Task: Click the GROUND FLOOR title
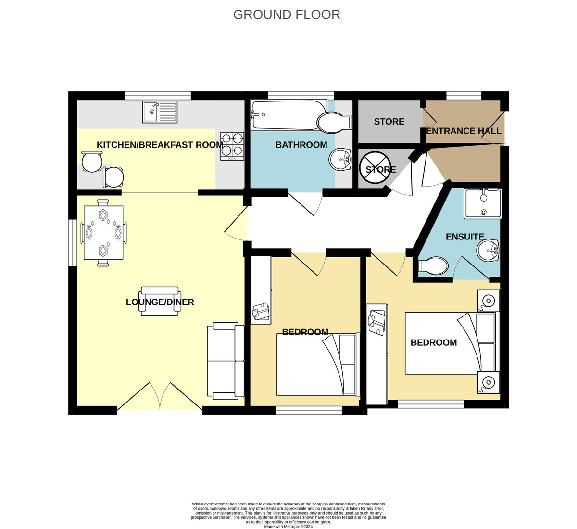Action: [287, 15]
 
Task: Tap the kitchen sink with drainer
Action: [160, 112]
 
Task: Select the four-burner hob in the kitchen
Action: [232, 146]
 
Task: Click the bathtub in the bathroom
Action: [289, 115]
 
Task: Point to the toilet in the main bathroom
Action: [334, 122]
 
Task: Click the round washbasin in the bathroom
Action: [340, 160]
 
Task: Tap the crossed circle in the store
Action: [376, 167]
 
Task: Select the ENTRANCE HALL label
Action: [464, 131]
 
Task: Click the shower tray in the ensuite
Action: [483, 203]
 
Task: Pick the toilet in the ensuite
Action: [433, 265]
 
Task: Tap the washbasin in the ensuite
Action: [488, 251]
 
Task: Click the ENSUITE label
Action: [465, 237]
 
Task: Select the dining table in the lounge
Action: [103, 233]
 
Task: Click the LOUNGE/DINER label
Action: [160, 302]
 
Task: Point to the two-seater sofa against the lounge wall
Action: [226, 361]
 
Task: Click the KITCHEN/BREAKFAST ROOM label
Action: [160, 145]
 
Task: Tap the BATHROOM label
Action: [301, 145]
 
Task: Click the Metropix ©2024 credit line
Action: [288, 527]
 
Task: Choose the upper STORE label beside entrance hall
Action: [389, 122]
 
